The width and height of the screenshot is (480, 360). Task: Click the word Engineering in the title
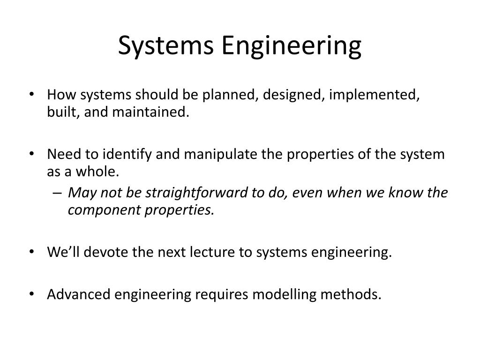pyautogui.click(x=292, y=46)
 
